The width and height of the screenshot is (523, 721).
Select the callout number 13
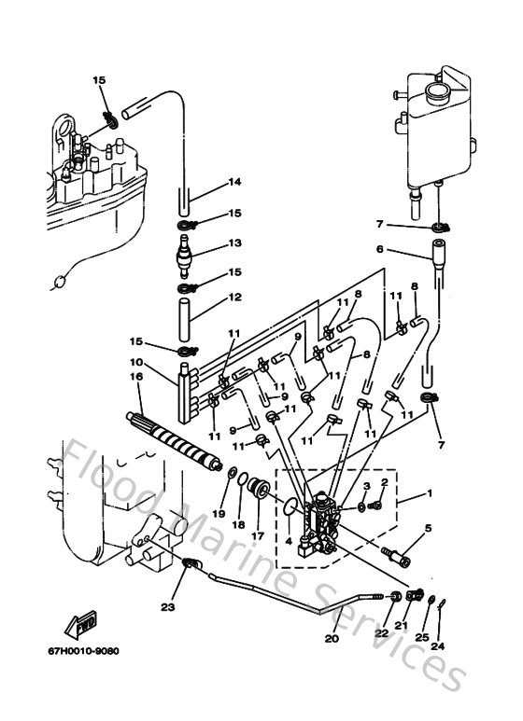pyautogui.click(x=234, y=243)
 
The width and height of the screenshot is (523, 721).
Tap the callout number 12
pyautogui.click(x=234, y=298)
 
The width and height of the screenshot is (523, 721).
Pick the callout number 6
pyautogui.click(x=380, y=249)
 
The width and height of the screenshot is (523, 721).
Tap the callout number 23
pyautogui.click(x=167, y=607)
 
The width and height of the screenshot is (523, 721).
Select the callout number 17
pyautogui.click(x=256, y=535)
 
